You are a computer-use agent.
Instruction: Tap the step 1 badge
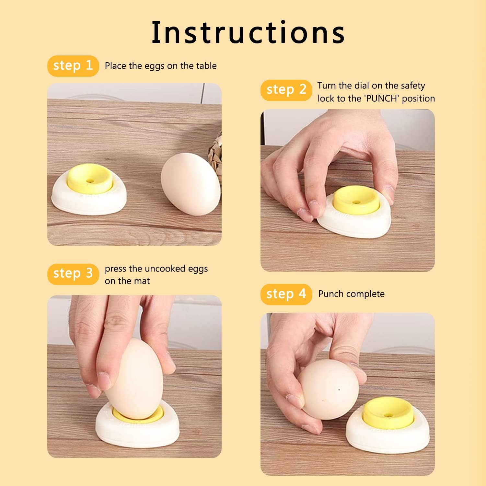(x=73, y=66)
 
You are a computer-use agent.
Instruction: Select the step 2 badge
(x=286, y=90)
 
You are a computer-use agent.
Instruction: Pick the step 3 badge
(x=73, y=274)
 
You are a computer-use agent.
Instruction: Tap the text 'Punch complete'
(x=351, y=294)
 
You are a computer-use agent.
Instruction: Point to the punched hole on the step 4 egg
(x=339, y=390)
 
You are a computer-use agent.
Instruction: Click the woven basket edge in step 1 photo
(x=215, y=147)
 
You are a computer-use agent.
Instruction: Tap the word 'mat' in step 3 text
(x=143, y=281)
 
